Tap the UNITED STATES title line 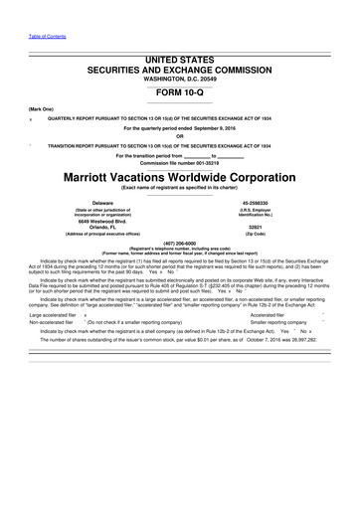click(180, 61)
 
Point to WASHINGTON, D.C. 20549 click(180, 81)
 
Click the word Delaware click(96, 203)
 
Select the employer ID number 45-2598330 click(264, 203)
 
